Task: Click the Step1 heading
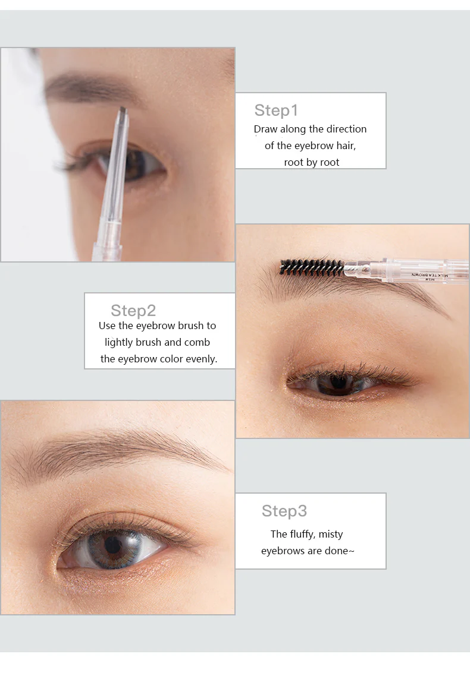click(276, 110)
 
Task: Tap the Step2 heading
click(133, 311)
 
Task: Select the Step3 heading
click(284, 511)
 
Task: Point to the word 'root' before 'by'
click(293, 163)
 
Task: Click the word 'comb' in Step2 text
click(197, 342)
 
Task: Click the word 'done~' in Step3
click(340, 551)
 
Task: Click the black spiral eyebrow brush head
click(312, 268)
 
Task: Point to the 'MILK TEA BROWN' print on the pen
click(430, 274)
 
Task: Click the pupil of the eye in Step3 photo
click(114, 545)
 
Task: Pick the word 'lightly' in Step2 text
click(118, 343)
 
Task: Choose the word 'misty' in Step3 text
click(331, 534)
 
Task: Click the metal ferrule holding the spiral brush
click(358, 270)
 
